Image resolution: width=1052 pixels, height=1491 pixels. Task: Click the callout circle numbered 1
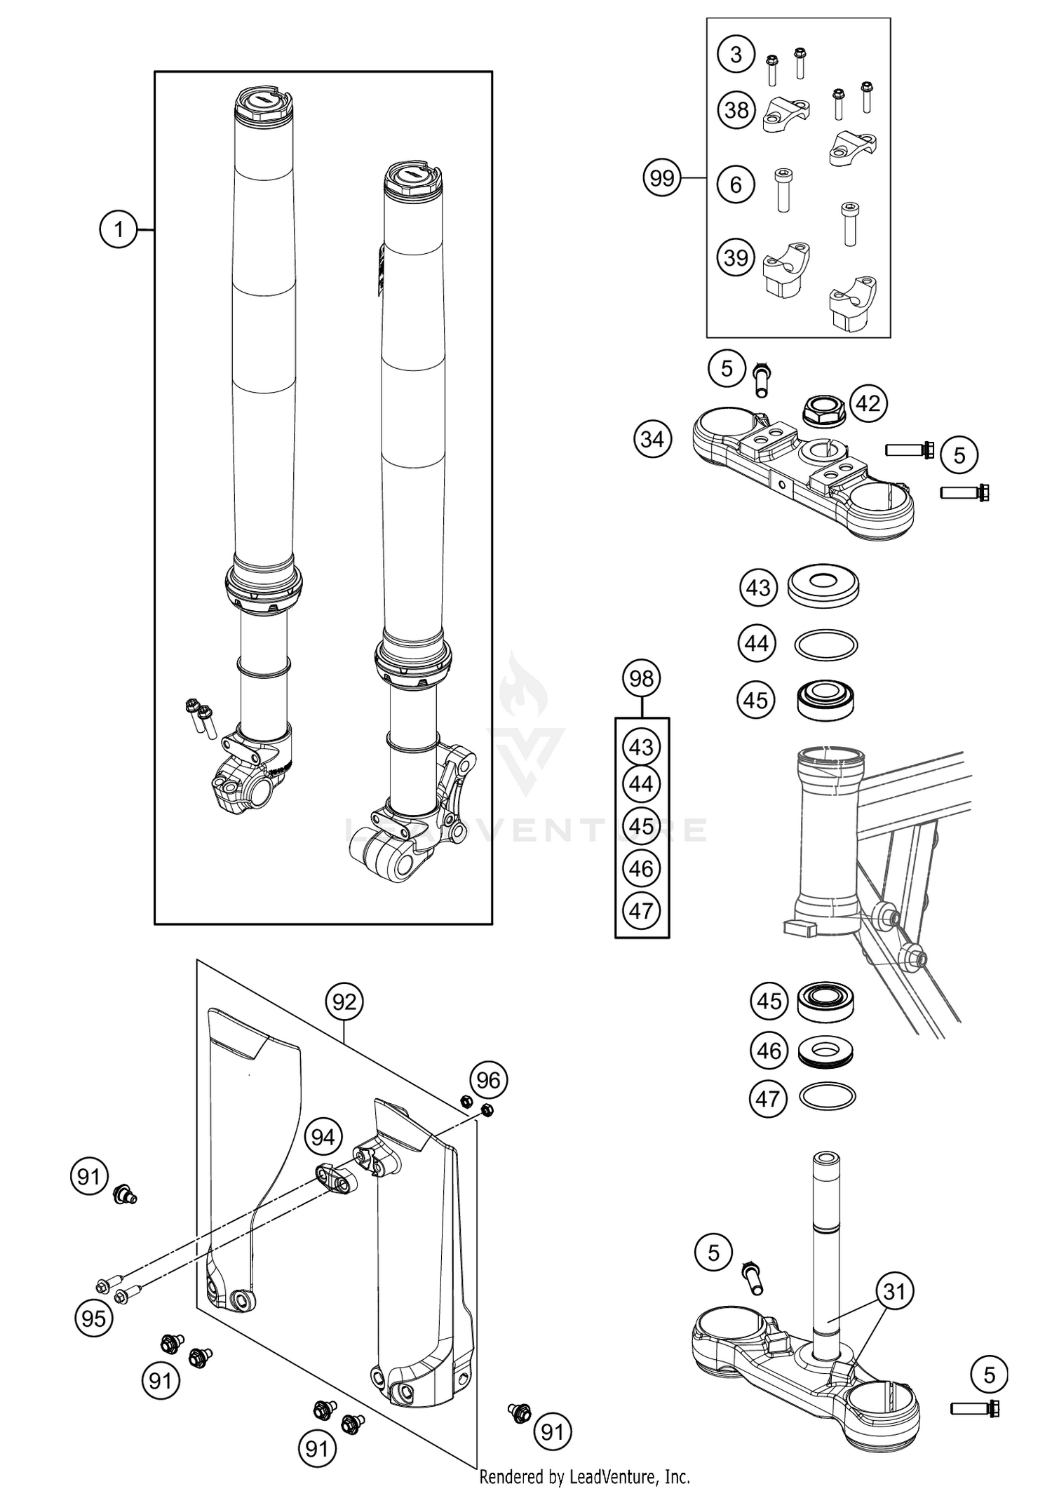point(118,229)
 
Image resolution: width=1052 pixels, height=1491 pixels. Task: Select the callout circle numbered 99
point(661,178)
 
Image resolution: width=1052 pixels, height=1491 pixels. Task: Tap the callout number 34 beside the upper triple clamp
point(652,440)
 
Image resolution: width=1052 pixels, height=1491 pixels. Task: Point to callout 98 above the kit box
point(641,678)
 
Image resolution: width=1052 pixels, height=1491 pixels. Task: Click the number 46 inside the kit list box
point(641,869)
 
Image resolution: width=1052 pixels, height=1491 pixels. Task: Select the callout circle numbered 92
point(344,1002)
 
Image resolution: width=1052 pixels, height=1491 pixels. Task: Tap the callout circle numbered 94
point(323,1136)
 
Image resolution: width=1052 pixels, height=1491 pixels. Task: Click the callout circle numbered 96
point(488,1080)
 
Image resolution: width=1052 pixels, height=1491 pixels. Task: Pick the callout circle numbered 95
point(93,1318)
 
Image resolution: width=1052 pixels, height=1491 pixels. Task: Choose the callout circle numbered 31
point(894,1291)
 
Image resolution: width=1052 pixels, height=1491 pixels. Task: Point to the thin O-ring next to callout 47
point(828,1097)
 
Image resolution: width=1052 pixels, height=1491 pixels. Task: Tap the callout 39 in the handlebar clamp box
point(735,257)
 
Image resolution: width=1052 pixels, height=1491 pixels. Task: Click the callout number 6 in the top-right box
point(735,184)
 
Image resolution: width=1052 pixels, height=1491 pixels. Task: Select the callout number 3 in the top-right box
point(735,55)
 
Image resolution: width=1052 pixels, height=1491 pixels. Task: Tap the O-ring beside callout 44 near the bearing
point(826,644)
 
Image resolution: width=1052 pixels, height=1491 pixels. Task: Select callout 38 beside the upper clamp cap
point(736,110)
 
